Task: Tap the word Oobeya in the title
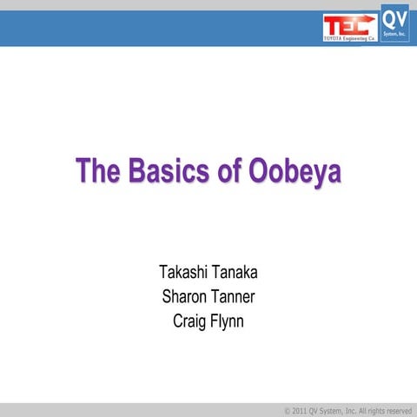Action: coord(295,170)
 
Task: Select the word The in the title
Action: coord(95,170)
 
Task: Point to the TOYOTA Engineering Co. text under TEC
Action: coord(349,41)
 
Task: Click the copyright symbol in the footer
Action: coord(288,410)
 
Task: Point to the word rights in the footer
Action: coord(363,410)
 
